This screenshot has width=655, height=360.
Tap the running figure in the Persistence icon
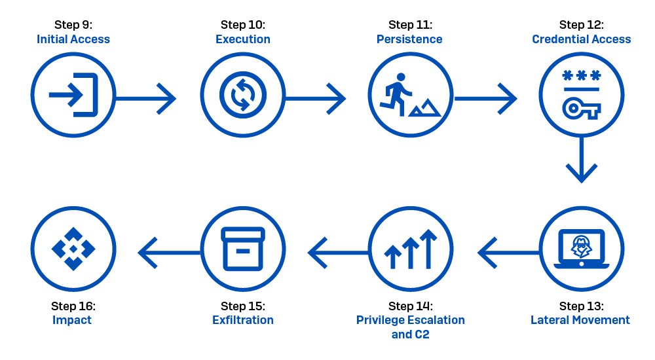tap(396, 94)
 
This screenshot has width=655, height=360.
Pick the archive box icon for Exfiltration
tap(242, 249)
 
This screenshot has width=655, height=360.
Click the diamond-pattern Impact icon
tap(73, 249)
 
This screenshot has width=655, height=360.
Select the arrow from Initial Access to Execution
tap(146, 99)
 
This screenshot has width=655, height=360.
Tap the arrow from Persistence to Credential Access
tap(485, 99)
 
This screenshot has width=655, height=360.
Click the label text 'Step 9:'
tap(73, 25)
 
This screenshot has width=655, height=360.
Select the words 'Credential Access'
tap(582, 39)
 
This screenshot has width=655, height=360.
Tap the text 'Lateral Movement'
tap(580, 320)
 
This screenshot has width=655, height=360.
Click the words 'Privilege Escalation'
tap(411, 320)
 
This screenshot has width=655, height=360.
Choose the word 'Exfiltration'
tap(242, 320)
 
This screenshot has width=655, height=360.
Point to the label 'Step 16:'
tap(73, 306)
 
